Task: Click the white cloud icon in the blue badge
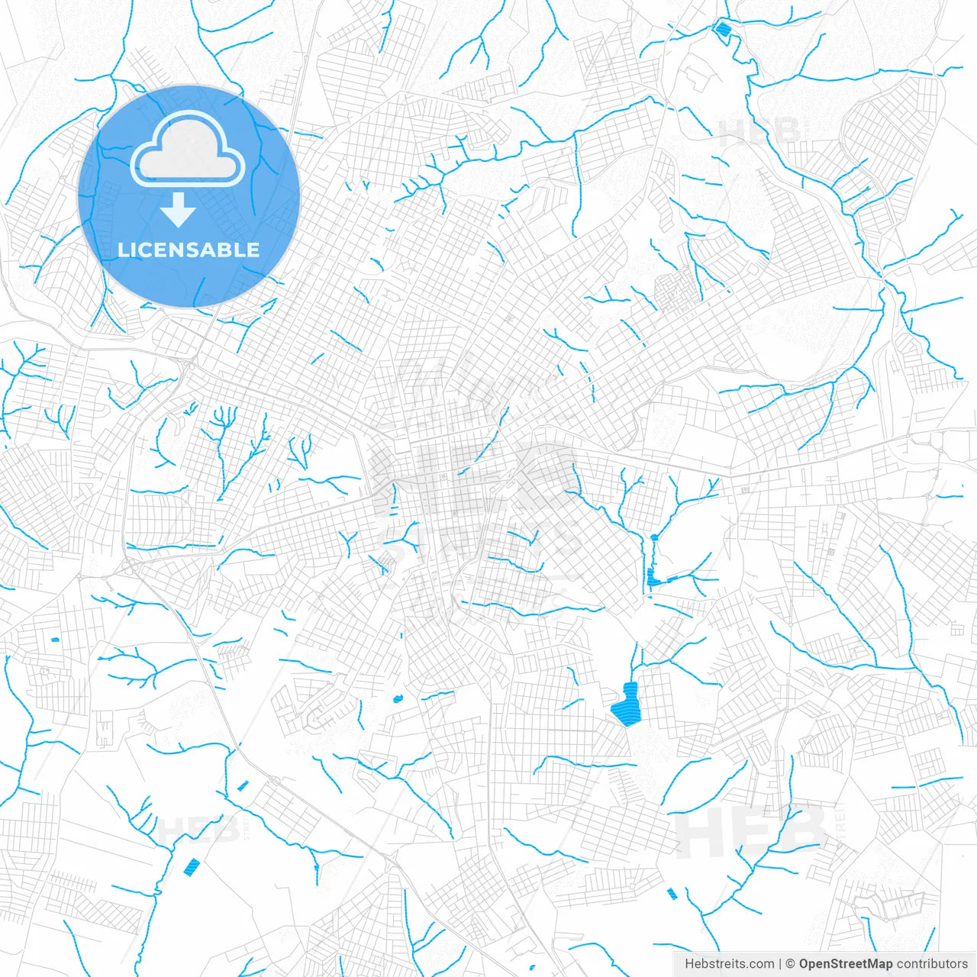[188, 150]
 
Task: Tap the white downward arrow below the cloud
[178, 210]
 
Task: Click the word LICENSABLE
[189, 250]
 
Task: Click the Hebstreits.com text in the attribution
[729, 964]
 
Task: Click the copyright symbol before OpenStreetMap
[791, 964]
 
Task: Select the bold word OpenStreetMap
[846, 964]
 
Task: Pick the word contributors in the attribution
[932, 964]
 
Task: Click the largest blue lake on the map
[627, 706]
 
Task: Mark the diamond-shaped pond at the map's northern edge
[722, 30]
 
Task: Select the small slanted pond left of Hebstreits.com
[672, 894]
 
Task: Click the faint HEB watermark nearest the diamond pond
[759, 132]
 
